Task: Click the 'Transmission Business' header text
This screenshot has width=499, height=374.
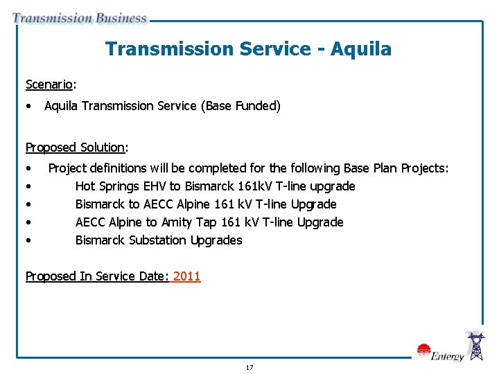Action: coord(80,18)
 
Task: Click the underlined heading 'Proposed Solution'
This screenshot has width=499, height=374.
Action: coord(75,147)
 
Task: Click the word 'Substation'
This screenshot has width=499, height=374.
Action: coord(157,240)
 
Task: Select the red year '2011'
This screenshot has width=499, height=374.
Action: coord(186,276)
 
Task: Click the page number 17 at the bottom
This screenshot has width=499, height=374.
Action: coord(249,367)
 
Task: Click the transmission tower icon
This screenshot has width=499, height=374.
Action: coord(476,346)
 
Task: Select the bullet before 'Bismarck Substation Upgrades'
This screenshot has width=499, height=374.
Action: coord(28,240)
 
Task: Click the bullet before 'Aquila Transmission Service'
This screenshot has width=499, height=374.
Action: coord(28,106)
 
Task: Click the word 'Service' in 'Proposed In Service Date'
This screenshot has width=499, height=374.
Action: coord(116,276)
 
